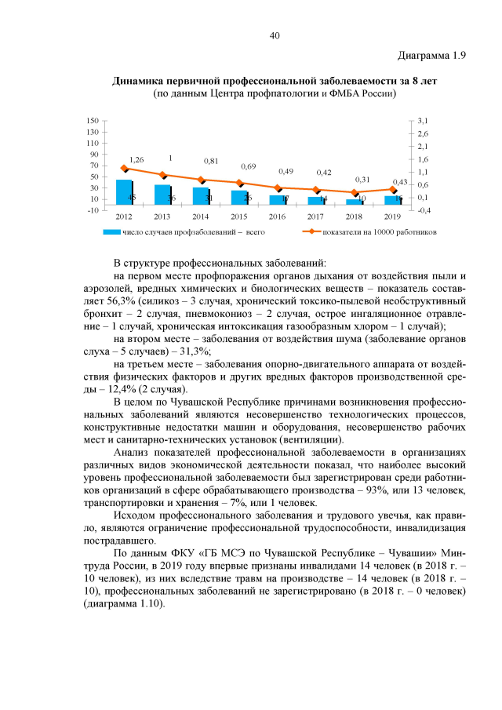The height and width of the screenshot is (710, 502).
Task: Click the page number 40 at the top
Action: pos(275,35)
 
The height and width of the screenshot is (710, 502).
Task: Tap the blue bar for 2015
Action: pos(239,197)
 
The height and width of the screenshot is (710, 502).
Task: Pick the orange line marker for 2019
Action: pos(394,189)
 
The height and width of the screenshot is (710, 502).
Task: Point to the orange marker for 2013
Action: pos(162,175)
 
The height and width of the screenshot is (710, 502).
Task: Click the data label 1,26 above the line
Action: pos(136,159)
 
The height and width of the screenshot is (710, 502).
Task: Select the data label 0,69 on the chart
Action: pos(249,166)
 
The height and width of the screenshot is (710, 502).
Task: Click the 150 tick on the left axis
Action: pos(93,120)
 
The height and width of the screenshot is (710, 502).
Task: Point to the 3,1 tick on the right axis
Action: pos(423,120)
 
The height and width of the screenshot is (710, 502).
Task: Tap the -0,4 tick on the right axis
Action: pos(424,210)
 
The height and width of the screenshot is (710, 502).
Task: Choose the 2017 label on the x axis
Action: pos(316,216)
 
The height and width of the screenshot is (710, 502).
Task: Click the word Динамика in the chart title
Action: pos(140,81)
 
